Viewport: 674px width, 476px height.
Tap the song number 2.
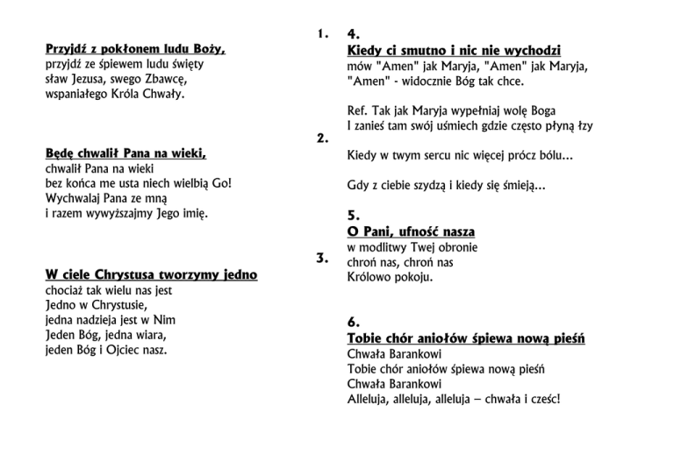[322, 138]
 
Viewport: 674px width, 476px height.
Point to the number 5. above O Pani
[353, 216]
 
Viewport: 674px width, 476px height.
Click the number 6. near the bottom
[353, 322]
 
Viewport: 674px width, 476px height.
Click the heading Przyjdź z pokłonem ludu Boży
[135, 50]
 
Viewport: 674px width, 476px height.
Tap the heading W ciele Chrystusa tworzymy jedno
[150, 274]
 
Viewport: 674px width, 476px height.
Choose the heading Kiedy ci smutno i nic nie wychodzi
[454, 51]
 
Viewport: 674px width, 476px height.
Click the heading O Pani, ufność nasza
[411, 232]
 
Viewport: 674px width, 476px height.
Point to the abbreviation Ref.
[358, 111]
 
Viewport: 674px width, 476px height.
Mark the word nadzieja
[108, 320]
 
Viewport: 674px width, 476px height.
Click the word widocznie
[425, 82]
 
